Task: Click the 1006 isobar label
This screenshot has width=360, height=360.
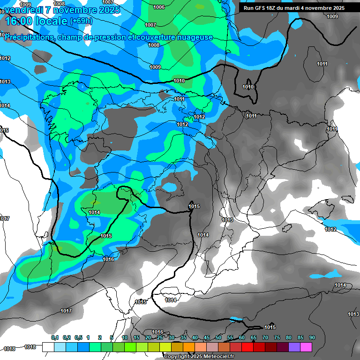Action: [159, 7]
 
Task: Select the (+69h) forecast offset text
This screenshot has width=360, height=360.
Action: [82, 21]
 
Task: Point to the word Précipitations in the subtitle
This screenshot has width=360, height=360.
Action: [29, 37]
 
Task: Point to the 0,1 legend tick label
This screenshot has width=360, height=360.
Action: [55, 337]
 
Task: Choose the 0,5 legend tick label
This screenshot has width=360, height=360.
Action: [78, 337]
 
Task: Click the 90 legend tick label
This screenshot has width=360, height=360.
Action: [312, 337]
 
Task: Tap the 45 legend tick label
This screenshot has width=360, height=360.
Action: [207, 337]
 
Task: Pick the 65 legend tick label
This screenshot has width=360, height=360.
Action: [254, 337]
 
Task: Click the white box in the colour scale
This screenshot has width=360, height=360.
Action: [48, 347]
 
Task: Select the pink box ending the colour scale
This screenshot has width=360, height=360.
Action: [306, 347]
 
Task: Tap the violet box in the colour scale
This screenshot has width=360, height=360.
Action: [294, 347]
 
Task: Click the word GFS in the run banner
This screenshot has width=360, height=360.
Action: [263, 8]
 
